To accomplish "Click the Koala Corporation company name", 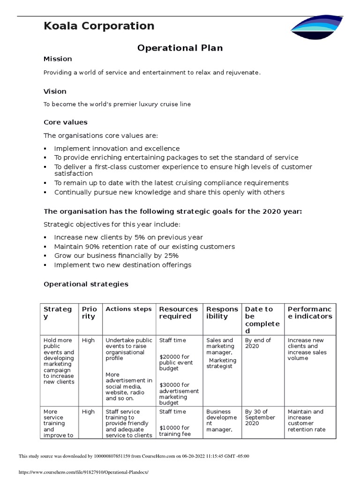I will tap(99, 26).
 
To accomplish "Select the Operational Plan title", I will tap(180, 48).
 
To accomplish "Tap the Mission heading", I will tap(58, 59).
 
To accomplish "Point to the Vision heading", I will tap(55, 91).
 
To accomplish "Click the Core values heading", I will tap(66, 122).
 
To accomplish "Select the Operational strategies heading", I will tap(86, 284).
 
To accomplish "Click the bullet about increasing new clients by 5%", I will tap(128, 238).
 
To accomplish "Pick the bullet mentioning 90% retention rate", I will tap(144, 247).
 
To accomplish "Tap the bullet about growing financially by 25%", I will tap(116, 256).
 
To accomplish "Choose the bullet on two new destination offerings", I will tap(123, 265).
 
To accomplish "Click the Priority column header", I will tap(89, 313).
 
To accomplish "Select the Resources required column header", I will tap(179, 313).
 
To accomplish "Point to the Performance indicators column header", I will tap(309, 313).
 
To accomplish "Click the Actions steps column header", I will tap(128, 309).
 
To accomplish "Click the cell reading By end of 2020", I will tap(258, 343).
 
